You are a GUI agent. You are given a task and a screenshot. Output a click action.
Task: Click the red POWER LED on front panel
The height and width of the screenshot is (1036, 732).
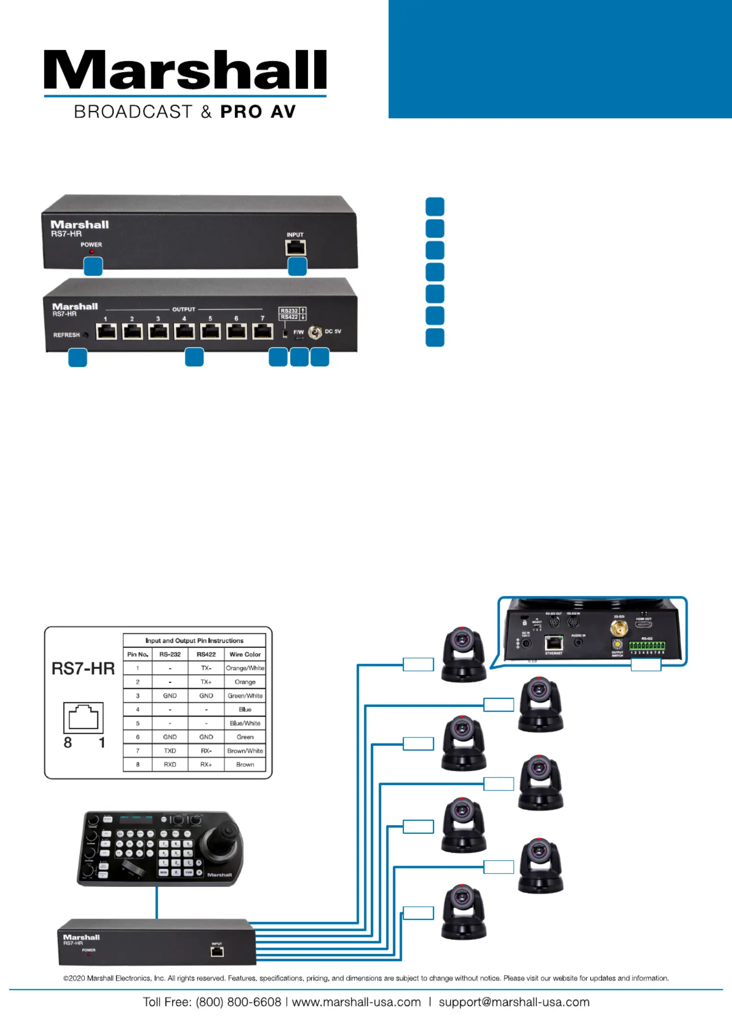(x=92, y=252)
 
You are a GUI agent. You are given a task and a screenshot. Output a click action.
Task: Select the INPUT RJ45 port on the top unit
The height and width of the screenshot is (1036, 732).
(x=295, y=248)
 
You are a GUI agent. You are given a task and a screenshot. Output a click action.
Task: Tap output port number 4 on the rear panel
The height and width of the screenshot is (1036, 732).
(x=184, y=331)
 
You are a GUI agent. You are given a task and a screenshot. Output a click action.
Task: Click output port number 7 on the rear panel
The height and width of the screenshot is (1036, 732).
(x=262, y=331)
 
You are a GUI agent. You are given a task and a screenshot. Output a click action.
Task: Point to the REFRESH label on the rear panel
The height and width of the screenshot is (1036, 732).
(x=66, y=335)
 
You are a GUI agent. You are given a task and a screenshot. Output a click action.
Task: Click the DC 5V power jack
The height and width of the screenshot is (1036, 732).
(x=315, y=332)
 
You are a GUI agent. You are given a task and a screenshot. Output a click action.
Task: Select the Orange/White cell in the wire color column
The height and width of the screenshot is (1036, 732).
(x=245, y=668)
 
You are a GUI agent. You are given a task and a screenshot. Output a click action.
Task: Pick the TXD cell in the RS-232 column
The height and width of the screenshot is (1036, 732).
(x=170, y=751)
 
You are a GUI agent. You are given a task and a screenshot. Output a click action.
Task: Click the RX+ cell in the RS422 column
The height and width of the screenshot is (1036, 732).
(x=206, y=764)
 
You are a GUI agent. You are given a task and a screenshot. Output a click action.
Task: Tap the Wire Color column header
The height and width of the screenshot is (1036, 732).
(x=245, y=654)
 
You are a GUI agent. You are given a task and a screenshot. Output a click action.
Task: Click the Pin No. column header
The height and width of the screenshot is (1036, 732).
(x=137, y=654)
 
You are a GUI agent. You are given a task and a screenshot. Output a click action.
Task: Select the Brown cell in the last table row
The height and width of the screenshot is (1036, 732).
(x=245, y=764)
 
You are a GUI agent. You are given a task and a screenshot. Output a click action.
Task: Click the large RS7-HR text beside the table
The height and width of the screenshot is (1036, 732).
(x=83, y=669)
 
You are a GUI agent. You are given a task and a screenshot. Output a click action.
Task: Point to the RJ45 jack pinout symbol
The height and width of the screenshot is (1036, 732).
(x=83, y=718)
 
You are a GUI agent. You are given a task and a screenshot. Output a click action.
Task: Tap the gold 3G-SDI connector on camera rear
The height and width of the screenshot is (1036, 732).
(x=619, y=628)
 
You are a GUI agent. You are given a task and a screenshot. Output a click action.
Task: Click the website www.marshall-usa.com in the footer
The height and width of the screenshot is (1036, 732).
(x=357, y=1002)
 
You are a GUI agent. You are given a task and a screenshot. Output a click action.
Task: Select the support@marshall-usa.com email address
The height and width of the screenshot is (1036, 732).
(x=514, y=1002)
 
